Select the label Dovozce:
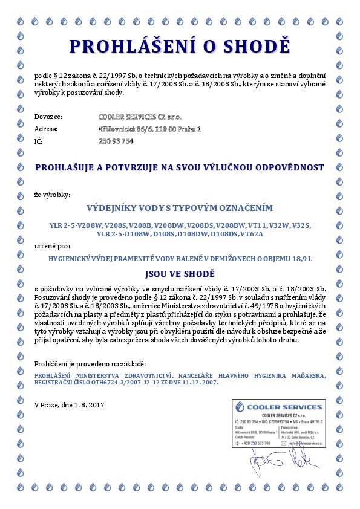pos(48,116)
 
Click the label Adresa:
pos(47,129)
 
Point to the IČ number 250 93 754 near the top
pos(116,141)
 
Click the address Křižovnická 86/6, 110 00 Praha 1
pos(149,129)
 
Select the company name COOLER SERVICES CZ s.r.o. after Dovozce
pos(140,116)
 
